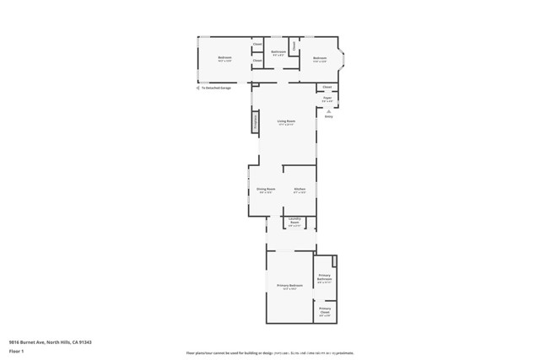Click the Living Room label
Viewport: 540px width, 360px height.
point(286,121)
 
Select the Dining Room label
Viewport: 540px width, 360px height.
point(266,190)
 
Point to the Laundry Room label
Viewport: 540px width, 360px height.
point(294,222)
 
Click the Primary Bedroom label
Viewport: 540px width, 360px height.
point(289,286)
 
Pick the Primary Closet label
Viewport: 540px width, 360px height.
point(325,310)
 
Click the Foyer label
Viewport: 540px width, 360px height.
point(327,99)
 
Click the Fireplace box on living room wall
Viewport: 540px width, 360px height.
point(255,121)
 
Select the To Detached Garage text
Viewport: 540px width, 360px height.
point(216,88)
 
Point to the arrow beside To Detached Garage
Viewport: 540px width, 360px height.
point(198,88)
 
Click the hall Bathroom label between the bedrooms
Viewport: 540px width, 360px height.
point(278,53)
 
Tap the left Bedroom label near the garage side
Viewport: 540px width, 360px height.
point(224,58)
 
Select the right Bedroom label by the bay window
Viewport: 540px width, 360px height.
point(319,58)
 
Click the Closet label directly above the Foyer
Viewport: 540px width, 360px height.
point(327,87)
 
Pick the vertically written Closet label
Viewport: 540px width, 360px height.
point(294,48)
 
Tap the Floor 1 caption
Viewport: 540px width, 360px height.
point(16,351)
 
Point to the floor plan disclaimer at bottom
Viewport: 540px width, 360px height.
point(270,353)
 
